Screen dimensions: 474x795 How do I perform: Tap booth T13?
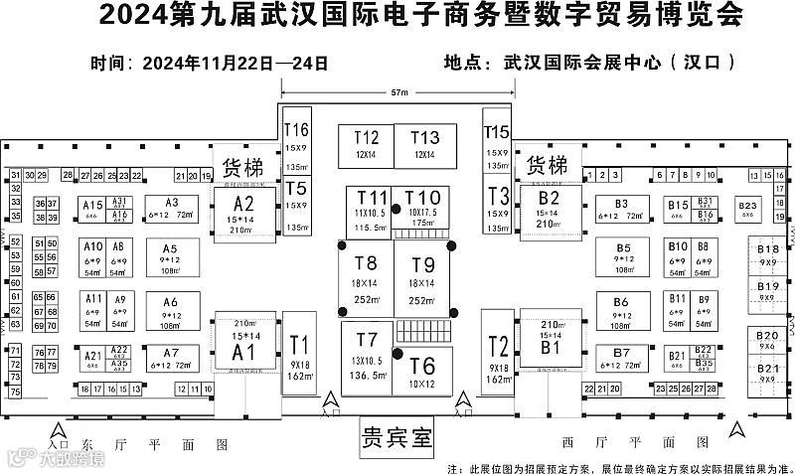tap(425, 145)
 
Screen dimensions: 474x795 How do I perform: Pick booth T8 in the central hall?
tap(366, 277)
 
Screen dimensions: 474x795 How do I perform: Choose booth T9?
tap(422, 277)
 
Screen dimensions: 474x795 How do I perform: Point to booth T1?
tap(299, 352)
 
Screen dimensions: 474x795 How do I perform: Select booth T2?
tap(499, 352)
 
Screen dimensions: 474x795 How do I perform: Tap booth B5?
tap(623, 257)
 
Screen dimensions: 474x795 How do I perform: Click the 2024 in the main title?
tap(133, 17)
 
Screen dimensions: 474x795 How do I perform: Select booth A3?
tap(171, 208)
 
